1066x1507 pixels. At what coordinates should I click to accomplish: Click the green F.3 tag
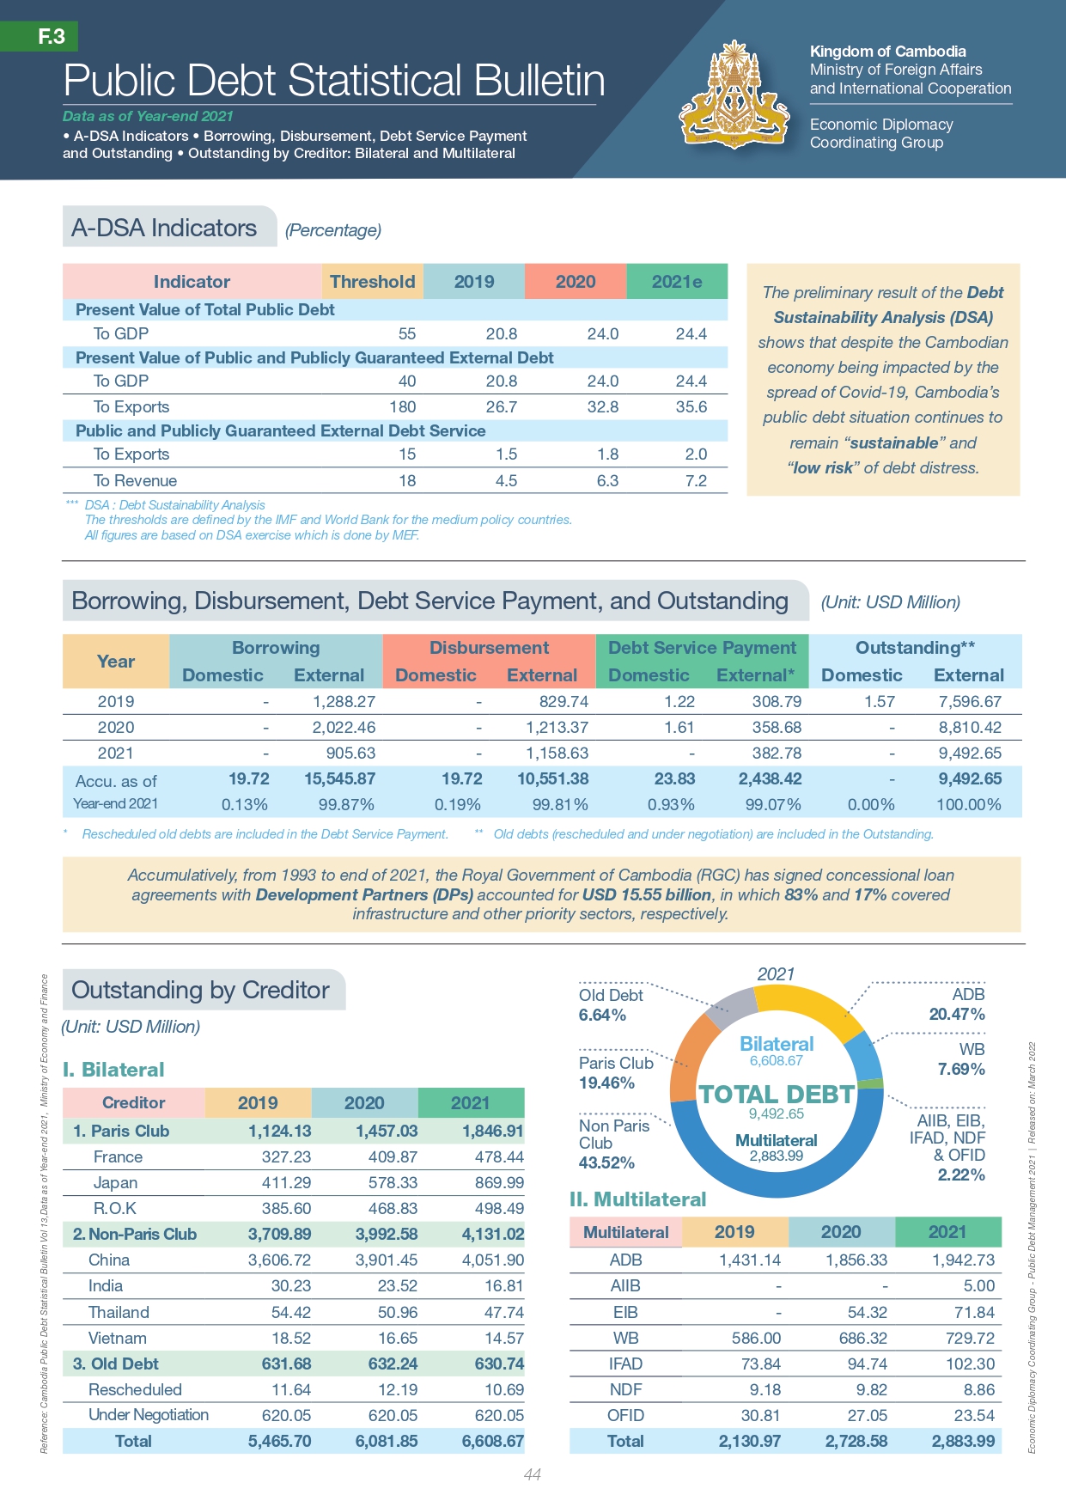(51, 36)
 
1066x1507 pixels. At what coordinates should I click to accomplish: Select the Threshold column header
(372, 282)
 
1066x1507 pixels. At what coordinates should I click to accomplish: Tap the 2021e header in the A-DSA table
(677, 282)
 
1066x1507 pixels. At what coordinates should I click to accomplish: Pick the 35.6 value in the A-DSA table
(691, 406)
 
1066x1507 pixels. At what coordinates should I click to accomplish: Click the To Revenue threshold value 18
(407, 480)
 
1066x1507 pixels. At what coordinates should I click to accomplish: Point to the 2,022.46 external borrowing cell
(344, 727)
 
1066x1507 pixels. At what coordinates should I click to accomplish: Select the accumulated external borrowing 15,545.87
(339, 778)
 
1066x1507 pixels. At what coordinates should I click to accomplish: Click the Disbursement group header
(489, 648)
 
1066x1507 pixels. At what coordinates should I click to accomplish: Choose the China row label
(109, 1260)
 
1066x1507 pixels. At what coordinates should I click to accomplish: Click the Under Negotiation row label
(149, 1414)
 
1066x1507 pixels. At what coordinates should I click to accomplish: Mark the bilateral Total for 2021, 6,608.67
(492, 1441)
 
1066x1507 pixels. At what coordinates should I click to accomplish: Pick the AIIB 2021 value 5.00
(979, 1285)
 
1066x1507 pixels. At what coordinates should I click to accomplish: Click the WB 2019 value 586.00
(756, 1338)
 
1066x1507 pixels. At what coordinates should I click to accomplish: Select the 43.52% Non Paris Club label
(606, 1162)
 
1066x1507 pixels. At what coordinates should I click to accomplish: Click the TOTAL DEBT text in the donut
(777, 1094)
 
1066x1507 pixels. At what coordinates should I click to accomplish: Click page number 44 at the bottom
(533, 1474)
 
